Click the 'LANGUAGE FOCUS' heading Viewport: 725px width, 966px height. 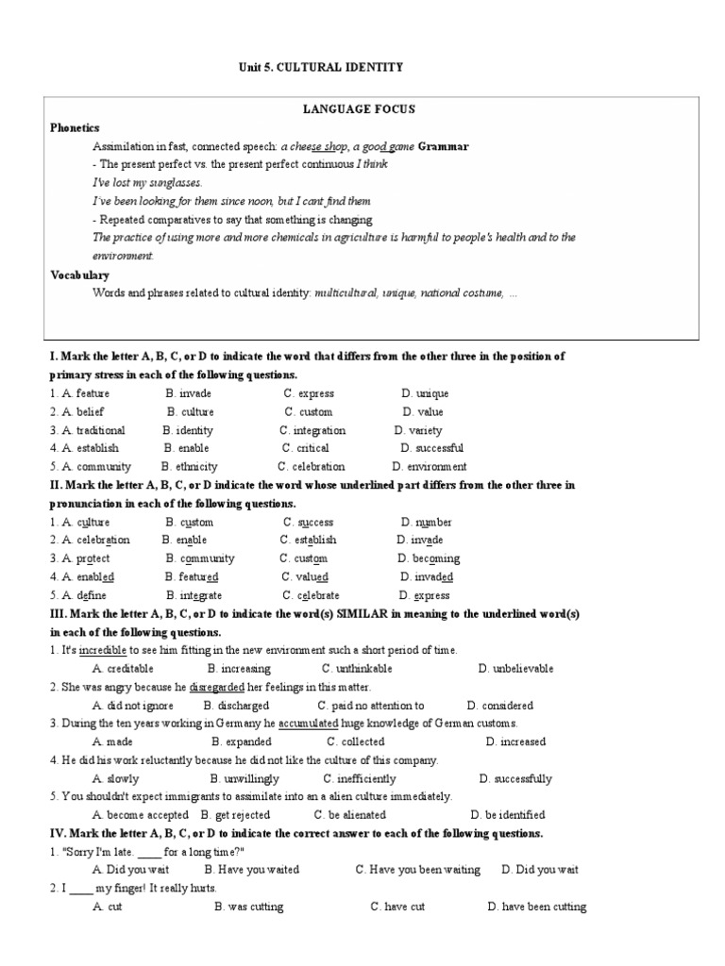click(x=358, y=110)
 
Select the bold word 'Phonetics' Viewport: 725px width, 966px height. click(x=75, y=127)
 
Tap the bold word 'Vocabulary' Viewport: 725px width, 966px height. click(x=79, y=275)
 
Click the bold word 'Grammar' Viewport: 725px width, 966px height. click(x=443, y=146)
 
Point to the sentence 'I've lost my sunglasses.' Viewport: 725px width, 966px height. click(x=146, y=182)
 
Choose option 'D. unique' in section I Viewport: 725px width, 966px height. click(x=424, y=393)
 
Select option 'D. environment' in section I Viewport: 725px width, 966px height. click(x=430, y=466)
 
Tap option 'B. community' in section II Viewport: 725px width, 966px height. click(x=200, y=558)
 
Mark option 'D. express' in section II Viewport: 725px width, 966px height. click(x=425, y=595)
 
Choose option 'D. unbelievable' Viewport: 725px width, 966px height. click(x=515, y=669)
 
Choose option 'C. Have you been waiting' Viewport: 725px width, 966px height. click(x=417, y=870)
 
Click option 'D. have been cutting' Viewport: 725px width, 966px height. click(x=536, y=907)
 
